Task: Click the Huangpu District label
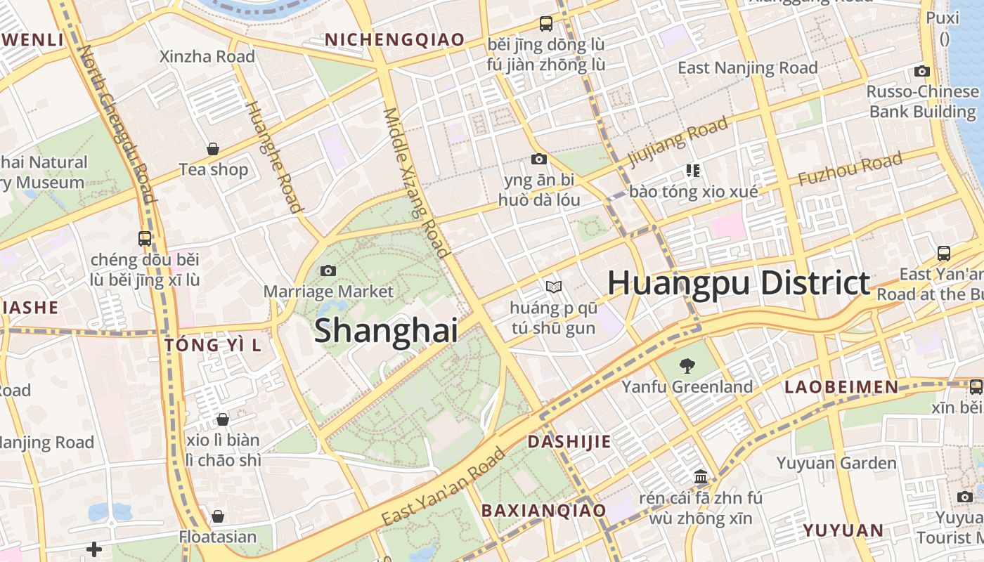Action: coord(739,283)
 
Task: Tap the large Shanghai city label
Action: coord(386,331)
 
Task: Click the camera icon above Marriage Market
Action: coord(328,270)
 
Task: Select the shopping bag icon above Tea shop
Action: coord(213,149)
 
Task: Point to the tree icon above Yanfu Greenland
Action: coord(687,365)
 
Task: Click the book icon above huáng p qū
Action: coord(554,287)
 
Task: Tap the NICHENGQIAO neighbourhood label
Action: coord(394,40)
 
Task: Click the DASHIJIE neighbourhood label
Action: coord(569,442)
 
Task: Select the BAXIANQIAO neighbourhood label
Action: coord(543,511)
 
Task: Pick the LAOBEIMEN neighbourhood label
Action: coord(841,387)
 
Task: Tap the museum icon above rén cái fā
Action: coord(701,477)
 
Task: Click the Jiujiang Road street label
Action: coord(678,143)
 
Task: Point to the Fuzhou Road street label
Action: coord(850,170)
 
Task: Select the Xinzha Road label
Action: coord(207,56)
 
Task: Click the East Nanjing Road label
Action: coord(747,68)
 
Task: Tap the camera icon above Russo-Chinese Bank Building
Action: coord(922,71)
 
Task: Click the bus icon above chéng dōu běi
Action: coord(145,238)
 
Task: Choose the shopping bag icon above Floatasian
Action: coord(218,516)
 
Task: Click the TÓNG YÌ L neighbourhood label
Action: coord(212,345)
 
